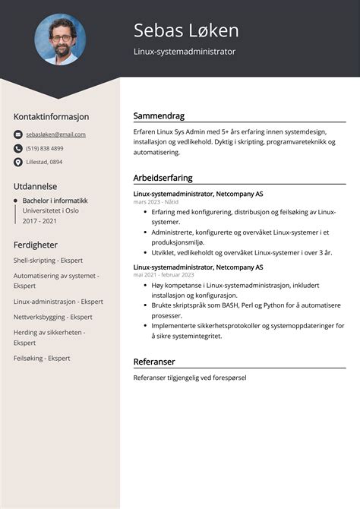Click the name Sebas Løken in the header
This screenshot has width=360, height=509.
[x=186, y=30]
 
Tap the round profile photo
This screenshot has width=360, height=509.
[x=60, y=40]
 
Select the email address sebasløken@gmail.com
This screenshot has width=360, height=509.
[x=55, y=134]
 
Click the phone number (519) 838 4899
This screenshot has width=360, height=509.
[x=45, y=148]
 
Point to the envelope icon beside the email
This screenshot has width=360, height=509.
[x=17, y=134]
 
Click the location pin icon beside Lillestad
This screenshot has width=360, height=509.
[x=17, y=162]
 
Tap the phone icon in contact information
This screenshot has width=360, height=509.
[x=17, y=148]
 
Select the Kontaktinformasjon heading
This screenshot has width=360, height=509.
[x=51, y=117]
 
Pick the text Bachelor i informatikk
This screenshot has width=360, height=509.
[x=55, y=201]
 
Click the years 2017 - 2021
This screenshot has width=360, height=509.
[x=39, y=221]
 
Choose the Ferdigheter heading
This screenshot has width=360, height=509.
[x=36, y=245]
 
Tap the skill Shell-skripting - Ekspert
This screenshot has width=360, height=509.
[x=48, y=260]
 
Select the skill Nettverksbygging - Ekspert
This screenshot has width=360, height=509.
[x=52, y=317]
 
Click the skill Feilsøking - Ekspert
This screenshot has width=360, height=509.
[x=42, y=358]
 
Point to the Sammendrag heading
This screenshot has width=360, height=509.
[x=159, y=116]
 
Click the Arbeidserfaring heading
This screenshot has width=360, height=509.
[x=163, y=178]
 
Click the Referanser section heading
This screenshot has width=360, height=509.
[x=154, y=362]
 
